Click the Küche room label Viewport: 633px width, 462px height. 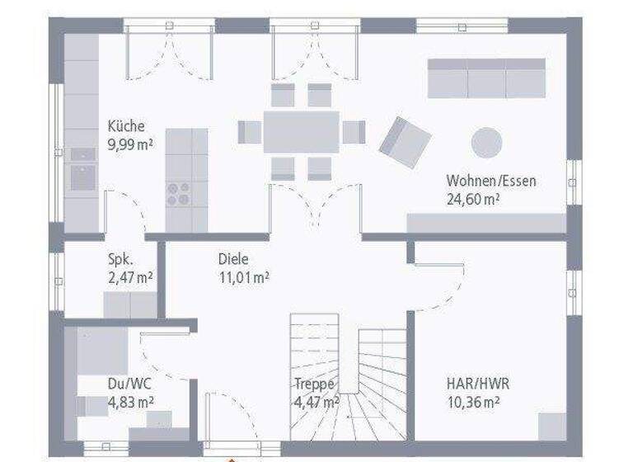(x=126, y=126)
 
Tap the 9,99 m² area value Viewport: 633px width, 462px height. (x=130, y=144)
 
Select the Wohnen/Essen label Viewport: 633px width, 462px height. (x=491, y=181)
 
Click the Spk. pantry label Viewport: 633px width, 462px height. (x=120, y=258)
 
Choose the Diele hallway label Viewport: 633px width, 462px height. (x=233, y=258)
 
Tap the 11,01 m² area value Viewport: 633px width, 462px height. (x=243, y=276)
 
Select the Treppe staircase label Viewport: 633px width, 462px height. (x=314, y=384)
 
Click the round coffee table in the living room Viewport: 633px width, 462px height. (x=486, y=142)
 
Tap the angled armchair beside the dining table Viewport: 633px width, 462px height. (x=405, y=142)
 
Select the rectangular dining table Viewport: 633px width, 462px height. (x=301, y=132)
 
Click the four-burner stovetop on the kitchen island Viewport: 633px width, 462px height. (x=178, y=193)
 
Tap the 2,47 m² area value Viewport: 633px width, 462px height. (x=130, y=276)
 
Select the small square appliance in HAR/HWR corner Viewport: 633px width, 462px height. (x=552, y=427)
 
